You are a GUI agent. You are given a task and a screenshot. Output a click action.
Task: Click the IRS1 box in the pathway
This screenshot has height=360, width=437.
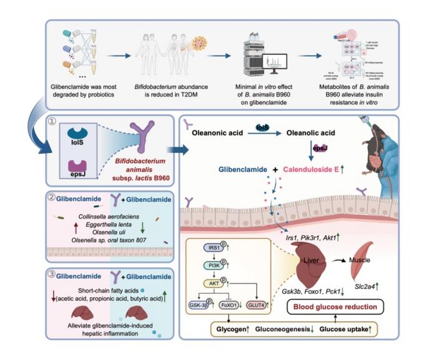pyautogui.click(x=212, y=248)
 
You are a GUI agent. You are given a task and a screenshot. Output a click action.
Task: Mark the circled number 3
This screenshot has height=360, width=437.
pyautogui.click(x=53, y=272)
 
